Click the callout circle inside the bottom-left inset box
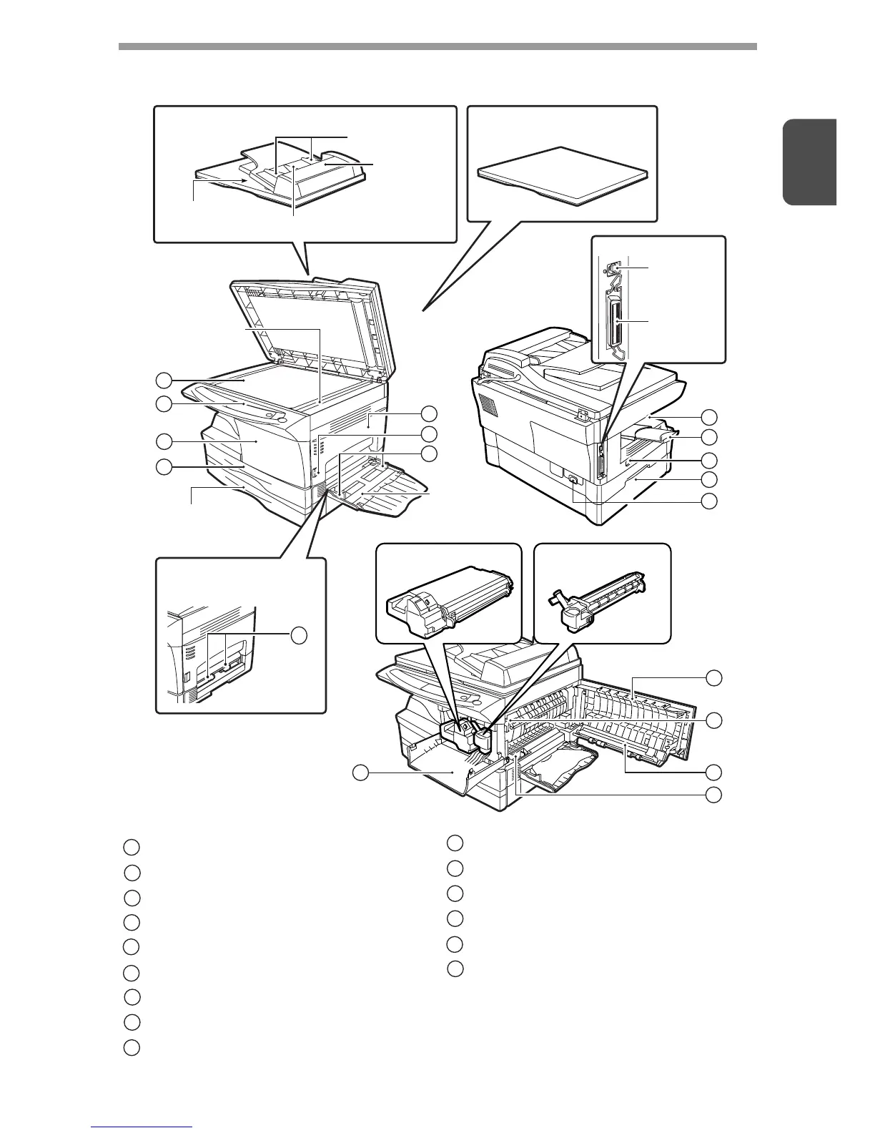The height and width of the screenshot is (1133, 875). (x=300, y=634)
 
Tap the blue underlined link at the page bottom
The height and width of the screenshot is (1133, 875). (x=142, y=1127)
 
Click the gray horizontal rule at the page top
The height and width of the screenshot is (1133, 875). (x=437, y=46)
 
